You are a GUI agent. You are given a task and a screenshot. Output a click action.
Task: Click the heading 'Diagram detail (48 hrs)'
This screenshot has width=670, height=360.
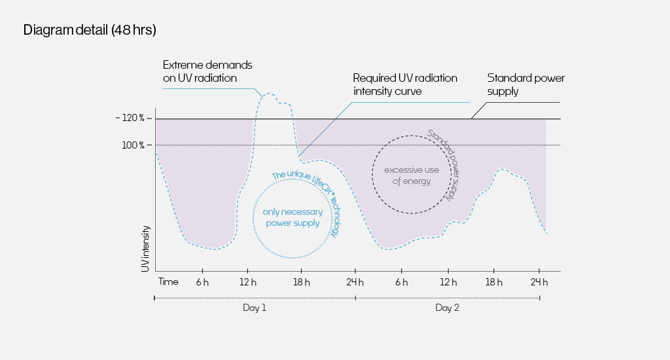[x=90, y=30]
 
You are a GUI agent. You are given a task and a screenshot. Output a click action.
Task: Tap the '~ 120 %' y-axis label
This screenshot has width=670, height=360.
[x=133, y=118]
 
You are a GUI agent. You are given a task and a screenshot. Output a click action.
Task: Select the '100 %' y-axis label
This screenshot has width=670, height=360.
[x=134, y=145]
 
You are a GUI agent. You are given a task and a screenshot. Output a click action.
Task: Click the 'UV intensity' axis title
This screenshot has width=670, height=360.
[x=145, y=249]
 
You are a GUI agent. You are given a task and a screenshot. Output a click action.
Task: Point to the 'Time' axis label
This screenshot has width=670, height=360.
[x=168, y=281]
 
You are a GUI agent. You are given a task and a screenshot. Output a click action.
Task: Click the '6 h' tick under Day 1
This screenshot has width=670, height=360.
[x=202, y=282]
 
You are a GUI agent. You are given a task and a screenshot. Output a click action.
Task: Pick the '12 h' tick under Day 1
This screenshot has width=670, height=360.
[x=247, y=282]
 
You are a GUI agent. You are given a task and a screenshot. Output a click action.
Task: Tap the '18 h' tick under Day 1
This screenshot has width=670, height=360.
[x=300, y=282]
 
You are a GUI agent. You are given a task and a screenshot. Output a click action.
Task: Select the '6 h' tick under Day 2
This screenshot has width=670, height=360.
[x=401, y=282]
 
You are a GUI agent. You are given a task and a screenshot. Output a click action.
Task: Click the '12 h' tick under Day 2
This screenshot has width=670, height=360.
[x=448, y=282]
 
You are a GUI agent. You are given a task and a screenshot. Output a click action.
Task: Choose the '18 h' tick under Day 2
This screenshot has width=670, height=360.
[x=493, y=282]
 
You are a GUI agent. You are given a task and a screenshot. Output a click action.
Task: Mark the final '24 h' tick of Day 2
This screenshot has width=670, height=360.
[x=539, y=282]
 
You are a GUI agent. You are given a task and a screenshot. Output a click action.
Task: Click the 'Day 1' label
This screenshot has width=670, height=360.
[x=255, y=308]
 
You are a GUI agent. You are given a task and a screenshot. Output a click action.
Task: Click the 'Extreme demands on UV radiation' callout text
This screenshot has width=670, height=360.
[x=207, y=71]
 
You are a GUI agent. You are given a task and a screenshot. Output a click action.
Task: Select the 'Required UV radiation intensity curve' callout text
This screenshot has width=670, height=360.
[x=405, y=84]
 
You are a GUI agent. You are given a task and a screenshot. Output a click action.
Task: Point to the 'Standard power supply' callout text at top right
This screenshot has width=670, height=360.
[x=526, y=84]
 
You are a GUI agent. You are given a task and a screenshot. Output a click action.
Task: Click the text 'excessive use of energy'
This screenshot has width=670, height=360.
[x=412, y=175]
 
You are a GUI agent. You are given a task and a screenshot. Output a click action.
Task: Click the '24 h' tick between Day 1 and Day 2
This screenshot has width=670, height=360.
[x=355, y=282]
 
